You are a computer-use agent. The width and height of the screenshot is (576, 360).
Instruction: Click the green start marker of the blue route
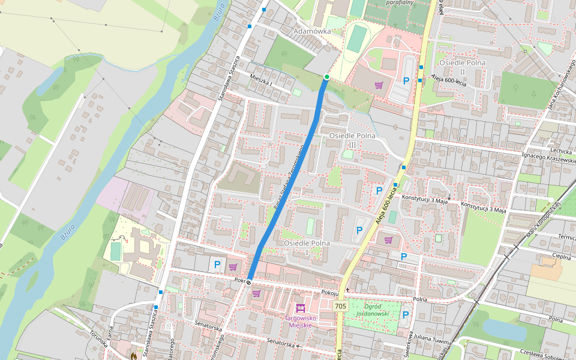tap(326, 77)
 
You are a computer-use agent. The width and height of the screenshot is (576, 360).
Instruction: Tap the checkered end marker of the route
tap(248, 281)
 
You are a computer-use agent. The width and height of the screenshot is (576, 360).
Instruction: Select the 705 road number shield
tap(340, 306)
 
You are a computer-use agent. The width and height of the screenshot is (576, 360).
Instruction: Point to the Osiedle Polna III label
tap(352, 140)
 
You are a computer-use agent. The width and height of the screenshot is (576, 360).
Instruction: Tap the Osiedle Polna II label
tap(461, 67)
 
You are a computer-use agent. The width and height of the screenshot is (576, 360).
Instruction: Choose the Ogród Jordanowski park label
tap(373, 310)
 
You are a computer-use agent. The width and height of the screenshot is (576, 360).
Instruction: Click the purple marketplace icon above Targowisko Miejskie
tap(301, 308)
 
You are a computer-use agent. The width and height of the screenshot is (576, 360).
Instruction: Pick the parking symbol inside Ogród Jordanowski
tap(406, 314)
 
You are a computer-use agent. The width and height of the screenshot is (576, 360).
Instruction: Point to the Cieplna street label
tap(562, 256)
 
